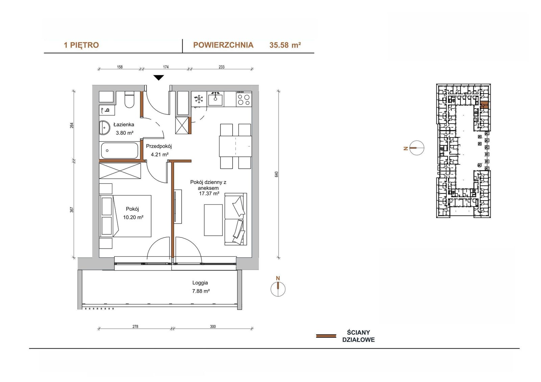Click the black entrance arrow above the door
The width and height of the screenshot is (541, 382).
[x=159, y=78]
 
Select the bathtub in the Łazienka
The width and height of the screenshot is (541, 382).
[x=120, y=151]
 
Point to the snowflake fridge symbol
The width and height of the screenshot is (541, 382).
[x=199, y=99]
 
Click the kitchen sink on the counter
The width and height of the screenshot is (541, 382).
[x=215, y=99]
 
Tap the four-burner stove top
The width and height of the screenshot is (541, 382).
[x=244, y=99]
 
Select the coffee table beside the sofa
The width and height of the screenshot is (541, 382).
[x=213, y=220]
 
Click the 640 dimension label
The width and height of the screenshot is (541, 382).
[x=276, y=174]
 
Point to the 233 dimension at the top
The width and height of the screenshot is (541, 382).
[x=221, y=67]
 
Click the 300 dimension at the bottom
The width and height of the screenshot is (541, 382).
[x=213, y=327]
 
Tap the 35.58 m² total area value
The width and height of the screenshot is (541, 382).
[x=285, y=45]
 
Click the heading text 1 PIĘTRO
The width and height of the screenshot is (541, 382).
[x=81, y=45]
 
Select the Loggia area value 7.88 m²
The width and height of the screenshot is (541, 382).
[x=201, y=291]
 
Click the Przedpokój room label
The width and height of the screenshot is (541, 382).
[x=159, y=146]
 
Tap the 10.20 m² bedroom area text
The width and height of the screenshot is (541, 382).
[x=133, y=217]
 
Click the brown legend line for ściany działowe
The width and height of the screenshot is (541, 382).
[x=326, y=336]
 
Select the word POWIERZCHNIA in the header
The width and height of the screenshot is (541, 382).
[x=223, y=45]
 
